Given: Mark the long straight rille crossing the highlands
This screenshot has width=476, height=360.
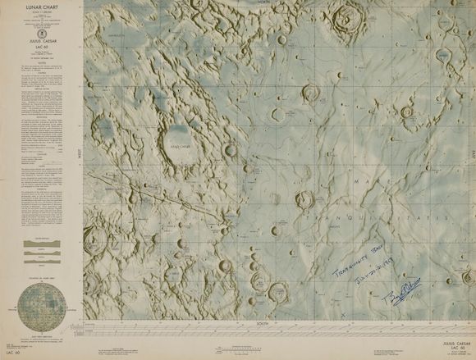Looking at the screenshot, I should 156,197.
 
